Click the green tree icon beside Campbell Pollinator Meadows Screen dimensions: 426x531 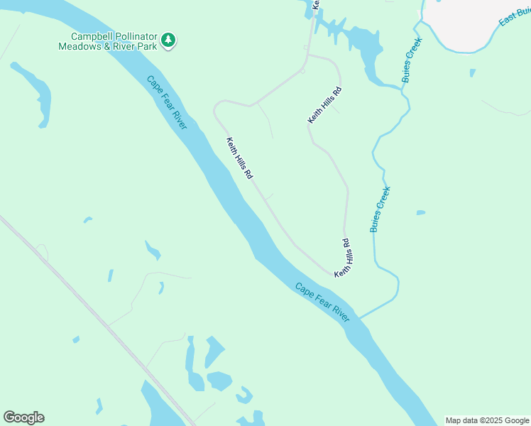[168, 40]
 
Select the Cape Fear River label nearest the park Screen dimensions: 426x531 [167, 102]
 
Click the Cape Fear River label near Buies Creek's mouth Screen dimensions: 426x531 [322, 302]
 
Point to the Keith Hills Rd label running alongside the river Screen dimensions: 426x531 [239, 158]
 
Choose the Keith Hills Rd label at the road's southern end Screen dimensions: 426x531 [343, 258]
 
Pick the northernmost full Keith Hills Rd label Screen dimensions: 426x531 [325, 105]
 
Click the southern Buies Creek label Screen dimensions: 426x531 [381, 209]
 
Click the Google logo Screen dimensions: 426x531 [23, 417]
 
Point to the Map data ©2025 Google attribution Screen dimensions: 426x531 [487, 420]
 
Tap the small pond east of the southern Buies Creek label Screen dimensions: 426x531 [421, 212]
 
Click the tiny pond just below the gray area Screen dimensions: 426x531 [472, 72]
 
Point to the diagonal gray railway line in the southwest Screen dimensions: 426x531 [92, 312]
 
